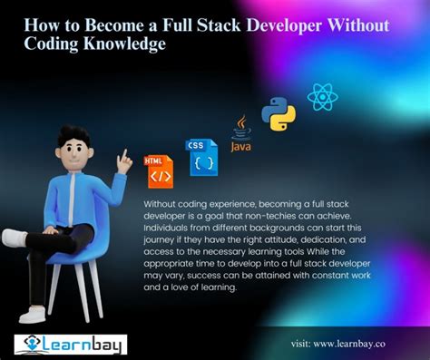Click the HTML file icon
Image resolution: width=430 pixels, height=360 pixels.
[159, 170]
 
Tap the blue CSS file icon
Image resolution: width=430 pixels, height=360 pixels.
[200, 157]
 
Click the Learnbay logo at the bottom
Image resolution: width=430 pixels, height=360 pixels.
[71, 344]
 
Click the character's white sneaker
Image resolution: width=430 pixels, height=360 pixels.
[16, 238]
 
